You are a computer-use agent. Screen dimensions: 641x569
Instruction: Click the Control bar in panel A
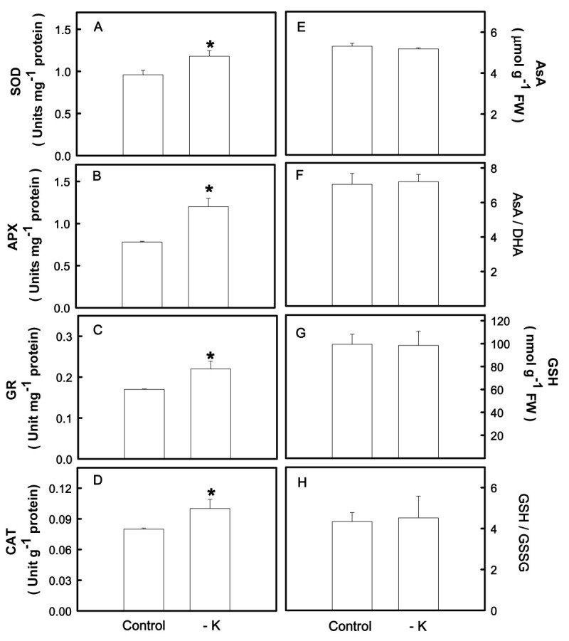[144, 115]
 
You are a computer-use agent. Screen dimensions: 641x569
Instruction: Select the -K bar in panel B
[209, 257]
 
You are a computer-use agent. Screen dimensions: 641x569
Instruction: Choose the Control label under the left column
[144, 627]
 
